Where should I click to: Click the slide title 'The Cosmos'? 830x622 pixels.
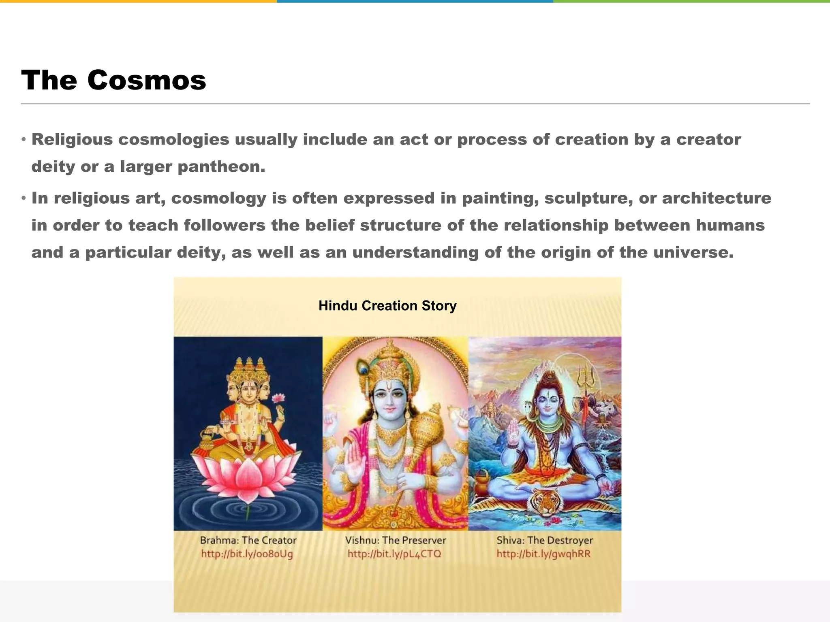pos(113,80)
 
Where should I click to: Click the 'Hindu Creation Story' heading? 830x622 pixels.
pos(387,305)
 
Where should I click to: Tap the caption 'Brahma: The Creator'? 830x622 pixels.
pos(248,540)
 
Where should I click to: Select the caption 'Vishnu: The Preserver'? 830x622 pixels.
pos(395,540)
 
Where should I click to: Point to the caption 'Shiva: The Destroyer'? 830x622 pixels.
pos(544,540)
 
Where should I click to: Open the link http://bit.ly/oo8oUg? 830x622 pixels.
pos(247,554)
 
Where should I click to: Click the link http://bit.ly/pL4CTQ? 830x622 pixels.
pos(394,554)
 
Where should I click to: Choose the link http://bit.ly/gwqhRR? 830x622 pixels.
pos(543,554)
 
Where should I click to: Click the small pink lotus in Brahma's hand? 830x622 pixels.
pos(279,399)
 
